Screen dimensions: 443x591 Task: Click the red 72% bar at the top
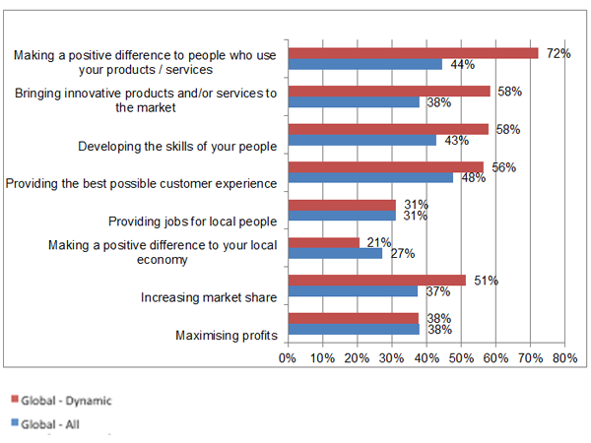[413, 53]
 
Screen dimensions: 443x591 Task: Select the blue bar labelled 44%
[364, 64]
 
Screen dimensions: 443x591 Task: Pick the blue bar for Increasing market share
[353, 291]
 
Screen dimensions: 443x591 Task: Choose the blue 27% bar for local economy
[334, 253]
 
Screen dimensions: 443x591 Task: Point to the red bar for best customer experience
[385, 166]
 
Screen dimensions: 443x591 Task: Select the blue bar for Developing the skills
[361, 140]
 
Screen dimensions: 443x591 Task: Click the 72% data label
[559, 53]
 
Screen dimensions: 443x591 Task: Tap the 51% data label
[486, 281]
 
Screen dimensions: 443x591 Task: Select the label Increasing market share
[209, 296]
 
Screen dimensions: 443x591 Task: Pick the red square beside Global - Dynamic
[14, 401]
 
